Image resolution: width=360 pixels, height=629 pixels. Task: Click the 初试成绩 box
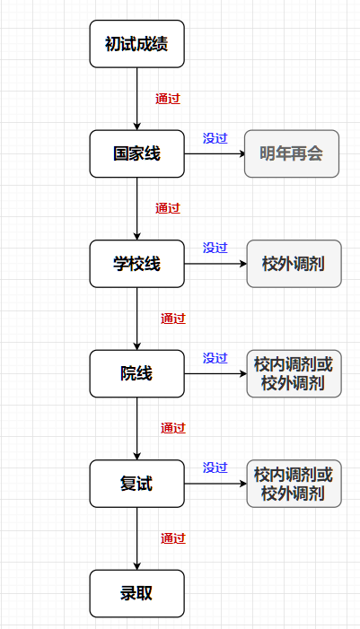[136, 43]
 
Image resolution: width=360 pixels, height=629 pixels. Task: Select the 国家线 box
[136, 153]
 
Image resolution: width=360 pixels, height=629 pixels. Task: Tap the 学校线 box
[136, 264]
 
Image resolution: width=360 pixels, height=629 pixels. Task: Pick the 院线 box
[136, 373]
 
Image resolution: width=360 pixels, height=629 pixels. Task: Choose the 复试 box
[136, 484]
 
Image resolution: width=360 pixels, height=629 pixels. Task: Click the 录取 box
[136, 593]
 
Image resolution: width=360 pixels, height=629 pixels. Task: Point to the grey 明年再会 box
[292, 153]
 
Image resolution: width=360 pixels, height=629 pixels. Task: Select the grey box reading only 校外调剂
[294, 264]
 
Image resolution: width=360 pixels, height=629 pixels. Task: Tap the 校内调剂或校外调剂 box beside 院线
[294, 373]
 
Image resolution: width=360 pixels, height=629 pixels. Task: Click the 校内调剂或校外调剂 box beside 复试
[294, 484]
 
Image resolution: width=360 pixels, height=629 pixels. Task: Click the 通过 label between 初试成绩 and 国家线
[168, 99]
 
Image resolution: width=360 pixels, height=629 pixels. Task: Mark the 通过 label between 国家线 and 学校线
[168, 208]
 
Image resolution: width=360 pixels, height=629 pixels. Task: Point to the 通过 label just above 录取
[173, 538]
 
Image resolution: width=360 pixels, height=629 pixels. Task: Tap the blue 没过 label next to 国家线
[215, 138]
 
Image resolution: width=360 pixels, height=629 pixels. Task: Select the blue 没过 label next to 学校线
[215, 248]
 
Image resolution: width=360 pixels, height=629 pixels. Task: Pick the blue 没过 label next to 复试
[215, 467]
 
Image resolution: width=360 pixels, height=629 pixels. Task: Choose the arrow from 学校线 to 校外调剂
[215, 264]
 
